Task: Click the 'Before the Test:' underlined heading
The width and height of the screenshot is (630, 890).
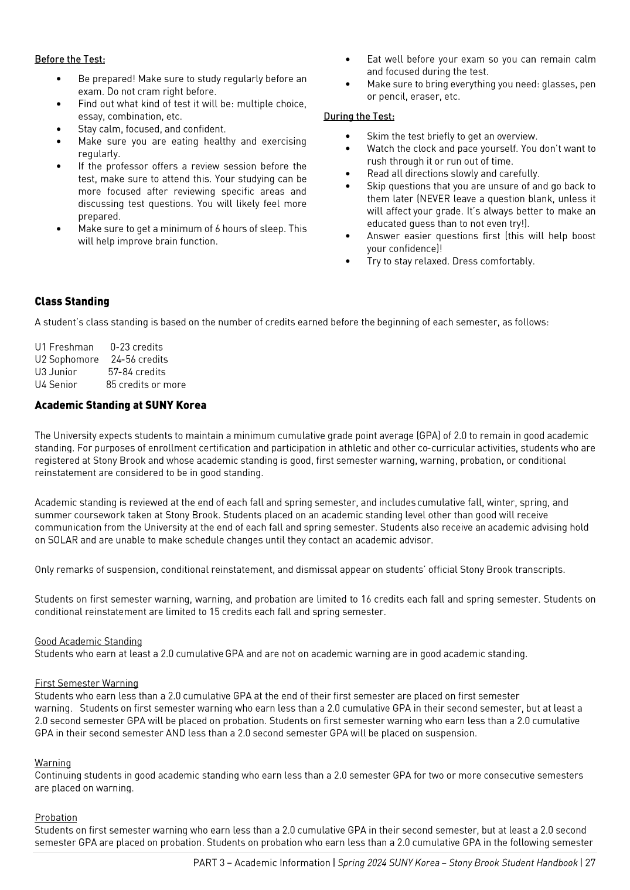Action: [x=70, y=59]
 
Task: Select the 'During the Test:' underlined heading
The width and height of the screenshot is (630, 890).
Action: [x=359, y=116]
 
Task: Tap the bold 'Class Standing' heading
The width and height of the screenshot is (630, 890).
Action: [x=72, y=301]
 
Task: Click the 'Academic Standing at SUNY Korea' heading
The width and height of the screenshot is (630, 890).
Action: [x=120, y=405]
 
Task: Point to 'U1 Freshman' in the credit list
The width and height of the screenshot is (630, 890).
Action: [x=64, y=347]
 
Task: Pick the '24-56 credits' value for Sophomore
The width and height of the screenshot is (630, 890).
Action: [x=139, y=359]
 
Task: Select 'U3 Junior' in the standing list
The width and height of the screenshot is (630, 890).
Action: [x=56, y=372]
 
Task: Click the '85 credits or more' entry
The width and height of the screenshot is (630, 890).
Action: [x=146, y=385]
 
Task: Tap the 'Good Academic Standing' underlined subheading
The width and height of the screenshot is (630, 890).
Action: [x=88, y=641]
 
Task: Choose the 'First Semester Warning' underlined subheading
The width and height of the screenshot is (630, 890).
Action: [x=86, y=683]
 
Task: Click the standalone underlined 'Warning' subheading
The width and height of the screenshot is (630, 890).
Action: [x=53, y=763]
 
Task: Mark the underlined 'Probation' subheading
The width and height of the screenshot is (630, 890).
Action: [x=56, y=817]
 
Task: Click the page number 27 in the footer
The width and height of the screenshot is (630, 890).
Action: [x=590, y=862]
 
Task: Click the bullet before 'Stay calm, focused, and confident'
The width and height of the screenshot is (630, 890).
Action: [x=59, y=129]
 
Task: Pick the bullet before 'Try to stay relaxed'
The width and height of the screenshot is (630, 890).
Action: [x=348, y=261]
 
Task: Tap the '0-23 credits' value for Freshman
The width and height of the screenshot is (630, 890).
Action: [x=137, y=347]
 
